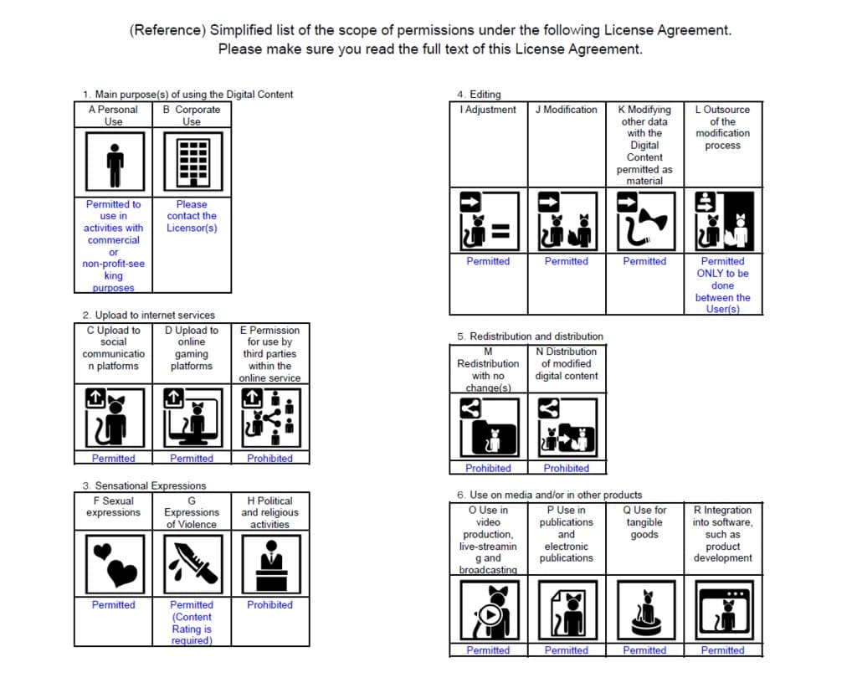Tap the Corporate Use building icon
click(x=192, y=161)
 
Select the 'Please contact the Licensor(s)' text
click(x=192, y=216)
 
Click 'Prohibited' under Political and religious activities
click(x=270, y=604)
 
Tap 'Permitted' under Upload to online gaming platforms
click(x=192, y=458)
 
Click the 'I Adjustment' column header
click(x=489, y=110)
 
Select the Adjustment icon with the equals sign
click(x=489, y=222)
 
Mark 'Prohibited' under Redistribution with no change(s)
click(x=488, y=468)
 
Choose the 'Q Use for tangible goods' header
click(x=644, y=521)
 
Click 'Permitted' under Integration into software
click(x=723, y=650)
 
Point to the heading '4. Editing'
click(x=479, y=95)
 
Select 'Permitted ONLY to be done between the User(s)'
click(x=723, y=285)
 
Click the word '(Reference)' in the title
click(x=167, y=30)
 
